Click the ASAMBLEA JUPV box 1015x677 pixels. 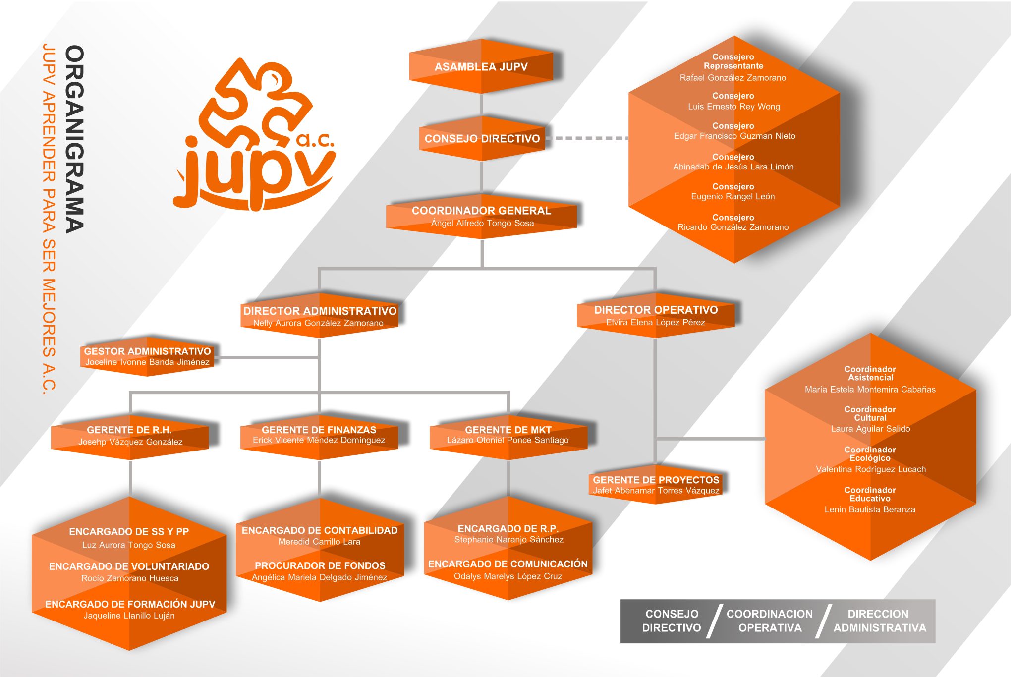[x=481, y=67]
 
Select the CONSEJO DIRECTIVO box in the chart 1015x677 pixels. [x=482, y=139]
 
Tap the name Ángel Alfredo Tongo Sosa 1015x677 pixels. [x=482, y=224]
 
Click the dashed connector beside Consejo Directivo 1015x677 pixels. [x=587, y=138]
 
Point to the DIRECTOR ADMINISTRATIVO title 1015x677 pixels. [x=320, y=311]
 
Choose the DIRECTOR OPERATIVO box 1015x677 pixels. [x=656, y=315]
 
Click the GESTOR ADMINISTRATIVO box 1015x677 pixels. [x=147, y=356]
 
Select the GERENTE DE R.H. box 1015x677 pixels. [x=130, y=436]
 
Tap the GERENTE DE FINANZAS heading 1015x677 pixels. [x=319, y=430]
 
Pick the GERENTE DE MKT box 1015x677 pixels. [x=508, y=435]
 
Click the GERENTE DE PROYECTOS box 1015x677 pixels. [x=656, y=485]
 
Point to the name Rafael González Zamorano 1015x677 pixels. [x=733, y=78]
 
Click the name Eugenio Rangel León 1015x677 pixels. [x=733, y=197]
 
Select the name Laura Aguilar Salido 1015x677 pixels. [x=870, y=429]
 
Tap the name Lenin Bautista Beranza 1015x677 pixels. [x=870, y=509]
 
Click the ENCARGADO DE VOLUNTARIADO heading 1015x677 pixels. [x=129, y=566]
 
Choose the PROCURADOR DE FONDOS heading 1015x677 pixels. [x=320, y=565]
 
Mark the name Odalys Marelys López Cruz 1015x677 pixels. [x=508, y=576]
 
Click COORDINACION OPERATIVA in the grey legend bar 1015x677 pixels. [x=770, y=621]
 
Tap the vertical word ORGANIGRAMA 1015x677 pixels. [x=74, y=139]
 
